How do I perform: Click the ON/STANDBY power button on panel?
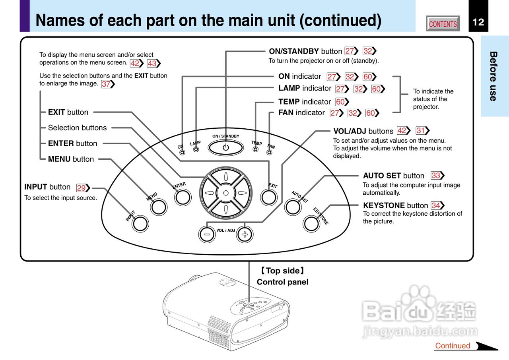click(226, 148)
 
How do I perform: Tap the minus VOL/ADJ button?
click(207, 234)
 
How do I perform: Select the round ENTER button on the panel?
click(183, 197)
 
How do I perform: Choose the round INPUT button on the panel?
click(140, 224)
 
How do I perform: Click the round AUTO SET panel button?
click(293, 207)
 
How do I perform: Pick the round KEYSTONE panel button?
click(311, 224)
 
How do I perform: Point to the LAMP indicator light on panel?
click(196, 150)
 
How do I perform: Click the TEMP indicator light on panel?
click(256, 149)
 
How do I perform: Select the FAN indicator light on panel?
click(270, 152)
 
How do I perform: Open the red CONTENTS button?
click(443, 24)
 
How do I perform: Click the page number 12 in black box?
click(478, 22)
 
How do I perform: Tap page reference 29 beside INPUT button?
click(82, 188)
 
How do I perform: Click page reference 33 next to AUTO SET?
click(436, 176)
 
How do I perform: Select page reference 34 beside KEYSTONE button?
click(436, 205)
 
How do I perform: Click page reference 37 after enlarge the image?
click(106, 84)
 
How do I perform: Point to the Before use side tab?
click(493, 76)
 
